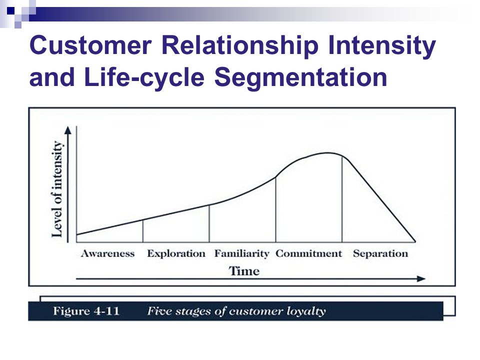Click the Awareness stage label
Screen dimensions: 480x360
click(x=108, y=253)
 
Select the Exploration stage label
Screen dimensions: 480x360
click(x=176, y=253)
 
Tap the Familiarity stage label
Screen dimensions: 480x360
click(x=242, y=254)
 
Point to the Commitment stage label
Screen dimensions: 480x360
click(x=308, y=253)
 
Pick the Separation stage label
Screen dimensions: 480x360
click(x=380, y=253)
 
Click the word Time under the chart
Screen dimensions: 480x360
click(x=244, y=271)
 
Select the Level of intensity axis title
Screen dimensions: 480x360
click(x=57, y=189)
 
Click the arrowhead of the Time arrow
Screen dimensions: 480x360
click(x=421, y=278)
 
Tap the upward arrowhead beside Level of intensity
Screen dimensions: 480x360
click(x=68, y=130)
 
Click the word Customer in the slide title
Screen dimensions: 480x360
click(x=90, y=45)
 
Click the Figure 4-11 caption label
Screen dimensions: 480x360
click(x=86, y=311)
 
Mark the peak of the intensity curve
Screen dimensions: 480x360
click(x=327, y=153)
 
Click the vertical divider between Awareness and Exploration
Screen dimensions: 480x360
click(x=142, y=231)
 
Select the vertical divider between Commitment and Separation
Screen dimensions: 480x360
click(x=342, y=199)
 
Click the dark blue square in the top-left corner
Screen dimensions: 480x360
click(x=10, y=10)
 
